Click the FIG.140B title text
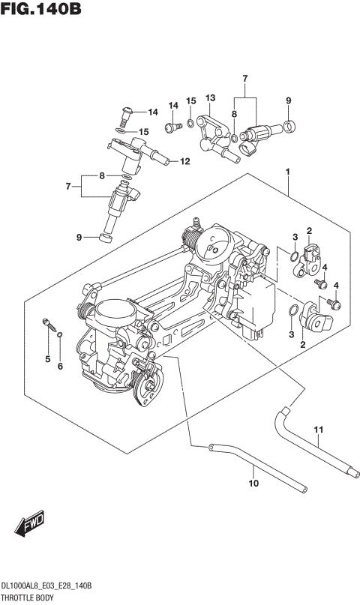point(41,10)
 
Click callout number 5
point(46,360)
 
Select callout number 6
point(61,365)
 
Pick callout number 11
point(317,430)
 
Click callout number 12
point(184,160)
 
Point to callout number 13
point(210,97)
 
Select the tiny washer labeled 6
point(60,334)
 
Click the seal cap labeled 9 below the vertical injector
point(104,238)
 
